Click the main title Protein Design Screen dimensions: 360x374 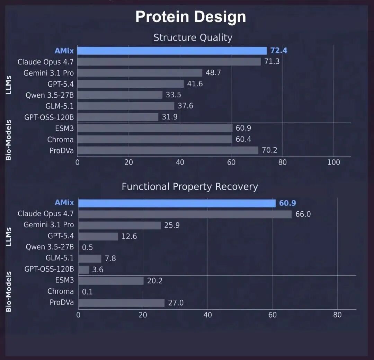(x=190, y=17)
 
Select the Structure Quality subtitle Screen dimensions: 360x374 (x=193, y=37)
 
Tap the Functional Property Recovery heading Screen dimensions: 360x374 (x=190, y=187)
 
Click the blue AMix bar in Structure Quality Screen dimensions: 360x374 (x=172, y=51)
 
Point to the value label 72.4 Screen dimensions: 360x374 (x=279, y=51)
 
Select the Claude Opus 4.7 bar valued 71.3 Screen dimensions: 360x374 (x=169, y=62)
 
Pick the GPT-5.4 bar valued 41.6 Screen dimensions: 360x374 (x=131, y=84)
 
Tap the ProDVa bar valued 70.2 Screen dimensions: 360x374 (x=168, y=150)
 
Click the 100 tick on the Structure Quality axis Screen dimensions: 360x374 (x=333, y=163)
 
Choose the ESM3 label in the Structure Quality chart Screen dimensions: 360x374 (x=65, y=128)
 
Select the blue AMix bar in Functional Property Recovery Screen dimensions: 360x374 (x=177, y=203)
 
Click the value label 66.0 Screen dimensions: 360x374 (x=303, y=214)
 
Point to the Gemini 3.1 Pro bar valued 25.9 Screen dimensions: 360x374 (x=120, y=225)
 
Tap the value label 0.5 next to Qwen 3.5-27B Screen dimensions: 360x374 (x=87, y=247)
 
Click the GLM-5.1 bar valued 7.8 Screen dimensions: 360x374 (x=90, y=258)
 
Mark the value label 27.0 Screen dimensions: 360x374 (x=176, y=303)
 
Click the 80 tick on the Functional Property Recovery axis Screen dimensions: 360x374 (x=337, y=315)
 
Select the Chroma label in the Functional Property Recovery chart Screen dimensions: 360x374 (x=61, y=291)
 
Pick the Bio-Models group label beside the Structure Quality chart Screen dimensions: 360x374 (x=9, y=140)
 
